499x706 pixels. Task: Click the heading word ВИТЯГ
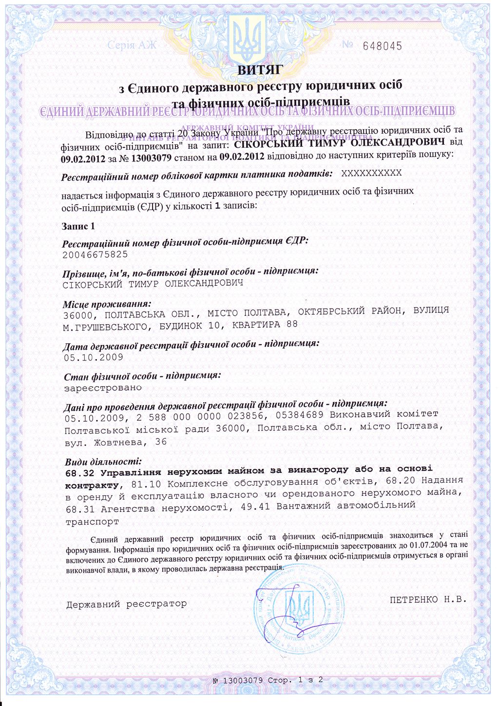pyautogui.click(x=260, y=70)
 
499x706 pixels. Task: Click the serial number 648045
pyautogui.click(x=383, y=46)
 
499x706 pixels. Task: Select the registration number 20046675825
pyautogui.click(x=96, y=255)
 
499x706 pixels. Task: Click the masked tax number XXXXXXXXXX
pyautogui.click(x=371, y=174)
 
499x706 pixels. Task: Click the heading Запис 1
pyautogui.click(x=78, y=226)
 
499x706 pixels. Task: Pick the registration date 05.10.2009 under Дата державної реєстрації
pyautogui.click(x=93, y=357)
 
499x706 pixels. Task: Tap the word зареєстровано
pyautogui.click(x=103, y=388)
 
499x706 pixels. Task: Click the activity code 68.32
pyautogui.click(x=80, y=473)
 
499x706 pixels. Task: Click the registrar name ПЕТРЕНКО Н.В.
pyautogui.click(x=428, y=599)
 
